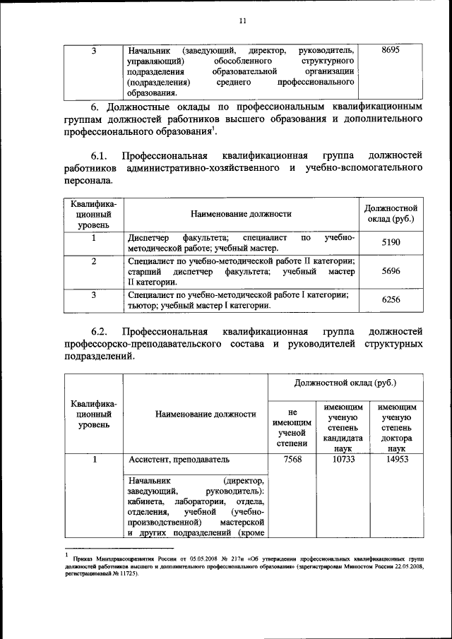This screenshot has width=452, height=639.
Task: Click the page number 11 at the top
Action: (x=242, y=20)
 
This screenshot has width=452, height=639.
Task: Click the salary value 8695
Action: (x=390, y=51)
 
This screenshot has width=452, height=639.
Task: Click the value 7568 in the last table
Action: (x=291, y=459)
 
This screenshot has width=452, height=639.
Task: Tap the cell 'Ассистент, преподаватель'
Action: (x=179, y=459)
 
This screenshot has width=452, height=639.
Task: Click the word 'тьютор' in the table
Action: (x=141, y=306)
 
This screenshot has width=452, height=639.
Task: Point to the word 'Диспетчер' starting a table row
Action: (x=148, y=237)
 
